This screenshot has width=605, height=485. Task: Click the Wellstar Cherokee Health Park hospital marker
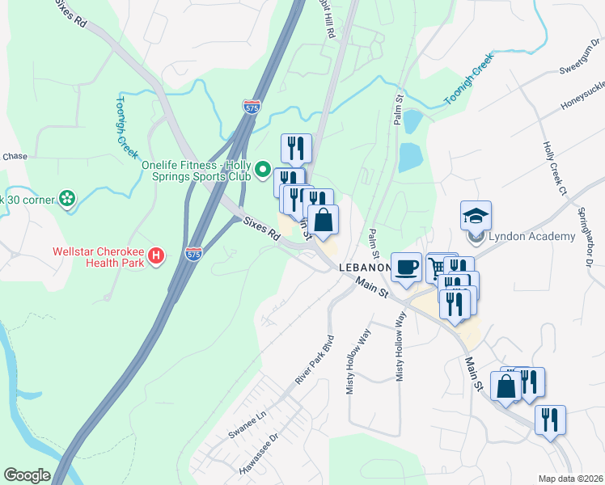pos(157,258)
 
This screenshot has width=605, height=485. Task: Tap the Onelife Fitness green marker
pos(262,170)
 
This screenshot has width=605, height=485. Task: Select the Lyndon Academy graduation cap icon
pos(476,215)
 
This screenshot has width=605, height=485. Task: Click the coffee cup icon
pos(406,266)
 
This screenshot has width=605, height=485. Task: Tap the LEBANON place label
pos(363,267)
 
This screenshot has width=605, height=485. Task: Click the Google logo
pos(27,475)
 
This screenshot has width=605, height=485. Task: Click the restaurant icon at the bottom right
pos(550,420)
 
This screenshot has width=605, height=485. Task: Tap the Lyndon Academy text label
pos(531,236)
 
